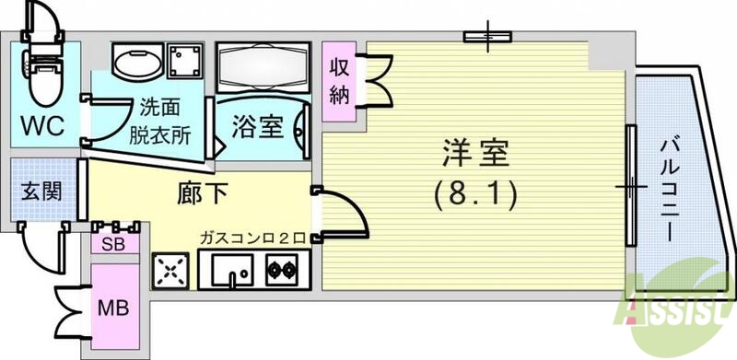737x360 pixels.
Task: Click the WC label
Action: click(43, 125)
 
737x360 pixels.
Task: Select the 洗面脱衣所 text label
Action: click(166, 121)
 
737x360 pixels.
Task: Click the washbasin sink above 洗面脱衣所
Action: click(136, 62)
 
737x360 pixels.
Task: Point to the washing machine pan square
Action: click(188, 62)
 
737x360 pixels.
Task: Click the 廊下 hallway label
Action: click(202, 195)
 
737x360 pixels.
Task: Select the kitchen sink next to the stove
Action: click(232, 269)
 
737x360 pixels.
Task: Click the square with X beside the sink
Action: click(171, 270)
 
